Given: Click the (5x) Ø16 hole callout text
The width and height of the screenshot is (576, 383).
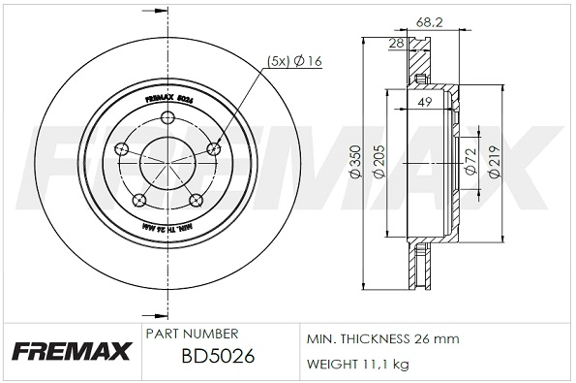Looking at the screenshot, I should pyautogui.click(x=294, y=63).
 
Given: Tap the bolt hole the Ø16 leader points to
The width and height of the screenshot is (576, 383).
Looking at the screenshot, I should pyautogui.click(x=213, y=147).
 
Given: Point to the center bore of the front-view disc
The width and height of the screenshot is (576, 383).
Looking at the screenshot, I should pyautogui.click(x=167, y=164).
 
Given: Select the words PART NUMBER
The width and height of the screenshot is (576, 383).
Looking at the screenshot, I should pyautogui.click(x=192, y=333).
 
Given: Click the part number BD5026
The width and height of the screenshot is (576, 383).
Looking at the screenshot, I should pyautogui.click(x=218, y=356).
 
